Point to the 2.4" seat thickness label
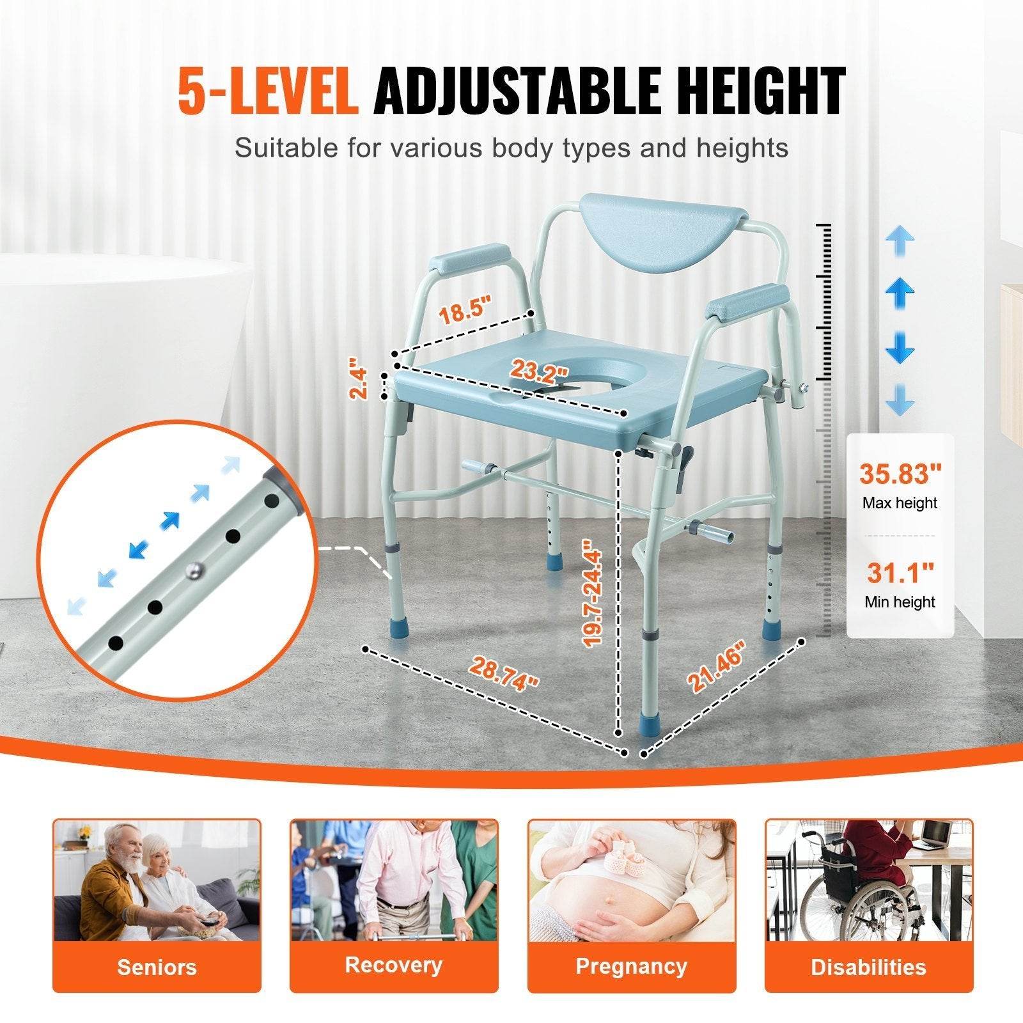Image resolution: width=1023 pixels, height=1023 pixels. pos(359,382)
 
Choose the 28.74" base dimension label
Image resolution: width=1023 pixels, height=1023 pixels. pos(504,673)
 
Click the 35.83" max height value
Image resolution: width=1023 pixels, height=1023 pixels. pos(900,474)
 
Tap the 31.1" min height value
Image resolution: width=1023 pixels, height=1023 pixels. pos(900,572)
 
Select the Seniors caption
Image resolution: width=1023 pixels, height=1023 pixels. pos(157,967)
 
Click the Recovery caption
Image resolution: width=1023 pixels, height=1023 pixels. pos(394,964)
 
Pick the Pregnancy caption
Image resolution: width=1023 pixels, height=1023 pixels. pos(631,965)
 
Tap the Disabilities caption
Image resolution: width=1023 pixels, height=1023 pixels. pos(868,967)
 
